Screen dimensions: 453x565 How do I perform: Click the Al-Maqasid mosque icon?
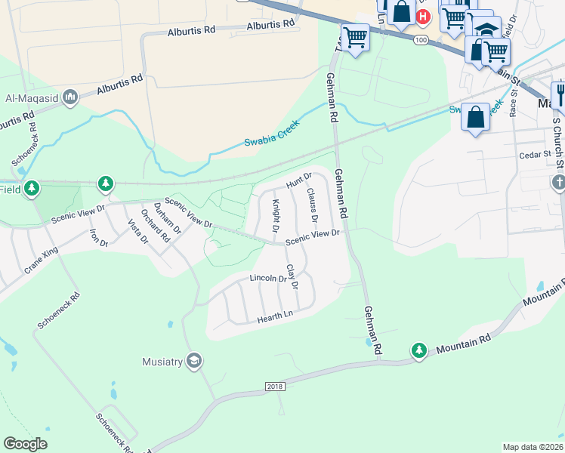click(x=70, y=97)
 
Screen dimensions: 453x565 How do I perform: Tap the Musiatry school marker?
click(x=195, y=362)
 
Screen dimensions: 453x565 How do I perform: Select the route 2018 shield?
click(x=276, y=387)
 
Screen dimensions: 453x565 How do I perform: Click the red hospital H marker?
click(x=424, y=16)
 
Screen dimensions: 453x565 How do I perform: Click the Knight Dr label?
click(x=276, y=215)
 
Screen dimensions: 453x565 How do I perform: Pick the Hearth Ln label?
click(x=275, y=317)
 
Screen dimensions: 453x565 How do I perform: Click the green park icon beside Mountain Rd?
click(x=419, y=350)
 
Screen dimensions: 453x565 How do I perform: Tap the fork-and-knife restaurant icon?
click(x=560, y=94)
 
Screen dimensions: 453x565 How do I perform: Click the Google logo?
click(x=25, y=444)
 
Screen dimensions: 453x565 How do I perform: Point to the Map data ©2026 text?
click(x=533, y=447)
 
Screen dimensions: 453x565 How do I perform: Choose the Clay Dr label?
click(x=292, y=277)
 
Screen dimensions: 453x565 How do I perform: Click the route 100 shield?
click(x=421, y=39)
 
